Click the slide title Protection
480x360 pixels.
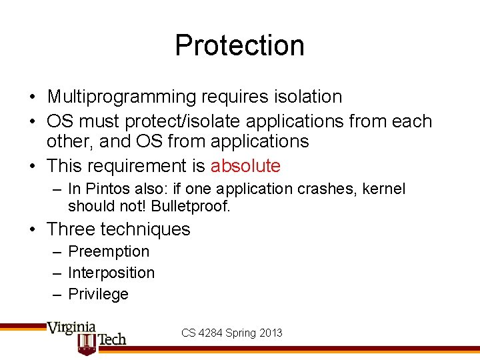239,45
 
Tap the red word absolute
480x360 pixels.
245,166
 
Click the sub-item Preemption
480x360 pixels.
109,251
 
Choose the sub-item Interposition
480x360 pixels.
111,273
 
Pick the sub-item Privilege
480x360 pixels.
98,294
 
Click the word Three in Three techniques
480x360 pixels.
71,229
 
